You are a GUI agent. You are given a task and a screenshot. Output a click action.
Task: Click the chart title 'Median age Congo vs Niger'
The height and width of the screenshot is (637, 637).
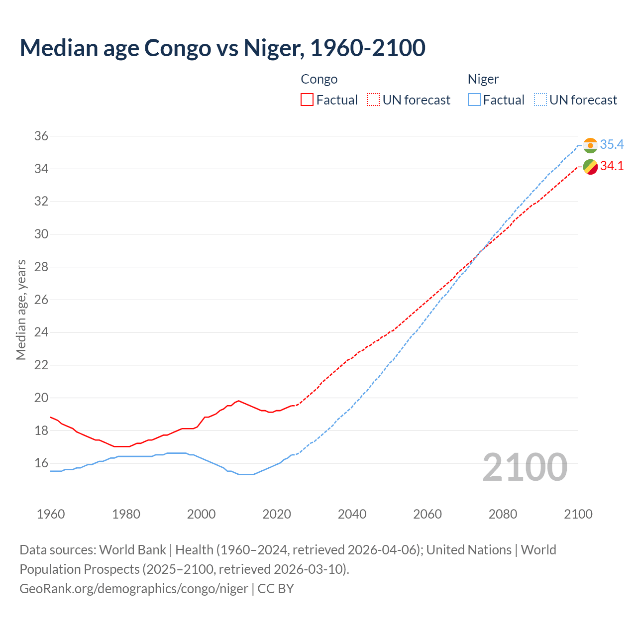[222, 48]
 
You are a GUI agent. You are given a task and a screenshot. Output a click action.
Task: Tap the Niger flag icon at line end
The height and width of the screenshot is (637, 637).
[590, 145]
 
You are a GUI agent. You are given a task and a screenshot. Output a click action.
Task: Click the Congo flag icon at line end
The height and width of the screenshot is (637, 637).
[590, 167]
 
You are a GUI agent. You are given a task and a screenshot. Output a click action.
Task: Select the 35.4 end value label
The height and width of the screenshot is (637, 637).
[612, 144]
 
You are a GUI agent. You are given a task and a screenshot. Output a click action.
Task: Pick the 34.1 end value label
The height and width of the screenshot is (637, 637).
[612, 166]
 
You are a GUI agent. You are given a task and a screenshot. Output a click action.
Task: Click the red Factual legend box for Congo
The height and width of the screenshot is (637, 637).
[307, 100]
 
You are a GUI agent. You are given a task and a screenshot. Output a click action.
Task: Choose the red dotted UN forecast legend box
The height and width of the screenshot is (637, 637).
[373, 100]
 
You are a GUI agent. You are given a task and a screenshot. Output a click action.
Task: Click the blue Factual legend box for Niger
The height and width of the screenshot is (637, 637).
[474, 100]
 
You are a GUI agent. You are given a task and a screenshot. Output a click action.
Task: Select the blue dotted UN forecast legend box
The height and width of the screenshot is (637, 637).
[540, 100]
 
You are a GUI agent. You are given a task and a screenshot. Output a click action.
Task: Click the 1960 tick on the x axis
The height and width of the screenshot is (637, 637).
[51, 514]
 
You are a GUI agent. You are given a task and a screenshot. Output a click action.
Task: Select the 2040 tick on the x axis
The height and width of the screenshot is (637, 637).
[352, 514]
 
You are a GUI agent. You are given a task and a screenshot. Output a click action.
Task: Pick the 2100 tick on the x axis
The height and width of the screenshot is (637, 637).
[578, 514]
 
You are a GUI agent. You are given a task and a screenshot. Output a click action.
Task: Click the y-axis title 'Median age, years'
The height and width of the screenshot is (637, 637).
[21, 310]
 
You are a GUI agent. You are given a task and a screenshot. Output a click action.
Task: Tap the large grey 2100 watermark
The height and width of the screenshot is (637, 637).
[525, 467]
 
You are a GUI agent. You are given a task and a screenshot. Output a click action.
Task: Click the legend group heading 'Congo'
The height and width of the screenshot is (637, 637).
[319, 79]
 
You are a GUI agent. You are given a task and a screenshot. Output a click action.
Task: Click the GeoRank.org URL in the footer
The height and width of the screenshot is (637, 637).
[133, 588]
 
